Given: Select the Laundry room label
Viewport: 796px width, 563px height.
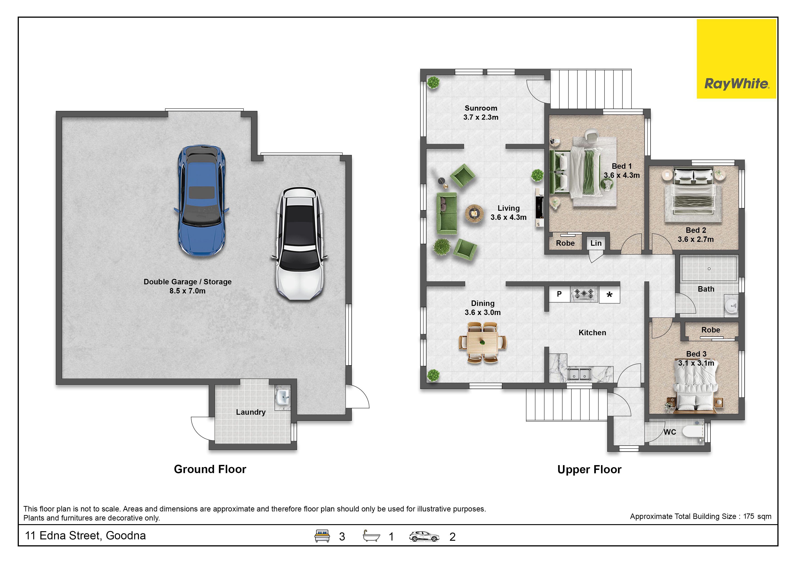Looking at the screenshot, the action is click(x=251, y=412).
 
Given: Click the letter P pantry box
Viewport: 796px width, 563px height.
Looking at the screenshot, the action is click(x=559, y=294).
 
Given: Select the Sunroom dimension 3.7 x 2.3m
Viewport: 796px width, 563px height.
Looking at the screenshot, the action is click(x=481, y=117).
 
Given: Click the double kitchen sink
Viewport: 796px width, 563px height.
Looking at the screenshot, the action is click(x=579, y=374).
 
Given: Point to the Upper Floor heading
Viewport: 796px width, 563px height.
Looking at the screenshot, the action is click(x=589, y=469).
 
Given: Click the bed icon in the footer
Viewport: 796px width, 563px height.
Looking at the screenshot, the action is click(x=322, y=536).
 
